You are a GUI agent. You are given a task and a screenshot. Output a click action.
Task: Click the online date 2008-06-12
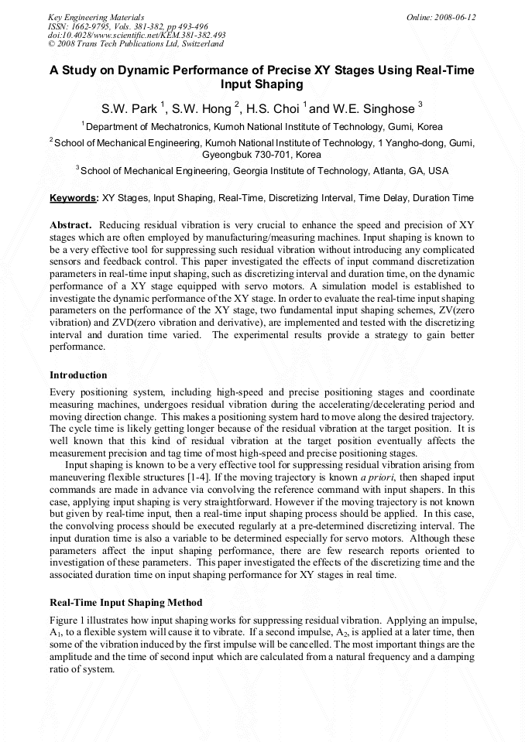pyautogui.click(x=456, y=17)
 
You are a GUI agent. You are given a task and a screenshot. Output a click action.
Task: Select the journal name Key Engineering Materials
pyautogui.click(x=95, y=17)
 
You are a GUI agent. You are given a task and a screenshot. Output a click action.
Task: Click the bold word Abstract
pyautogui.click(x=71, y=223)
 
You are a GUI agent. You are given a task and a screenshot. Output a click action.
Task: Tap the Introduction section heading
pyautogui.click(x=78, y=374)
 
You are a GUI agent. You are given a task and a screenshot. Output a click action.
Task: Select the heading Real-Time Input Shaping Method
pyautogui.click(x=125, y=602)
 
